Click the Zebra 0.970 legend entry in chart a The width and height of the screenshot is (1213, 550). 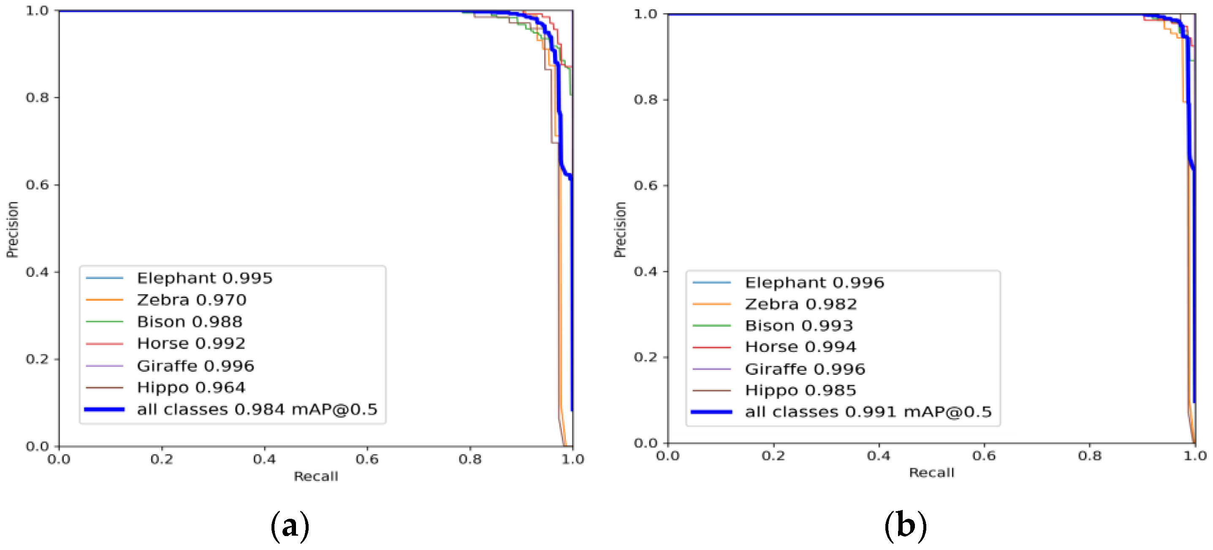pos(191,300)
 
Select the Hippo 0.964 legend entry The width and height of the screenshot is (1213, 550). pos(191,387)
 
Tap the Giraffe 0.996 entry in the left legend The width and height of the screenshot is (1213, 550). pos(195,366)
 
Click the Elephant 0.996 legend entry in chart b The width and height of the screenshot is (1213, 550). pos(814,282)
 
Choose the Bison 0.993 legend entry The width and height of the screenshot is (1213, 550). pos(799,325)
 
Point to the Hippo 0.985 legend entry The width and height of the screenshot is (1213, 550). pos(800,390)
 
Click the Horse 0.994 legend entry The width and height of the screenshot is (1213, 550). pos(800,347)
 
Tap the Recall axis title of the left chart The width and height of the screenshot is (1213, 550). pos(316,477)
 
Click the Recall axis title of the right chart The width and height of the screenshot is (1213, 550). pos(931,473)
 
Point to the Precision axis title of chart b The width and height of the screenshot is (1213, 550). pos(620,229)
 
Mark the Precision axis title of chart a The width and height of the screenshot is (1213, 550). pos(12,229)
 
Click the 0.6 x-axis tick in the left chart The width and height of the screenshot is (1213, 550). pos(367,459)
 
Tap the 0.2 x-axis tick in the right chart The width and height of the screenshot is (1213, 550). pos(773,456)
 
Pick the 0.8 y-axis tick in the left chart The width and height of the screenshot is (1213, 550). pos(37,98)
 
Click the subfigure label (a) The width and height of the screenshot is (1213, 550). pos(290,526)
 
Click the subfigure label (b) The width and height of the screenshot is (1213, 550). pos(905,526)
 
